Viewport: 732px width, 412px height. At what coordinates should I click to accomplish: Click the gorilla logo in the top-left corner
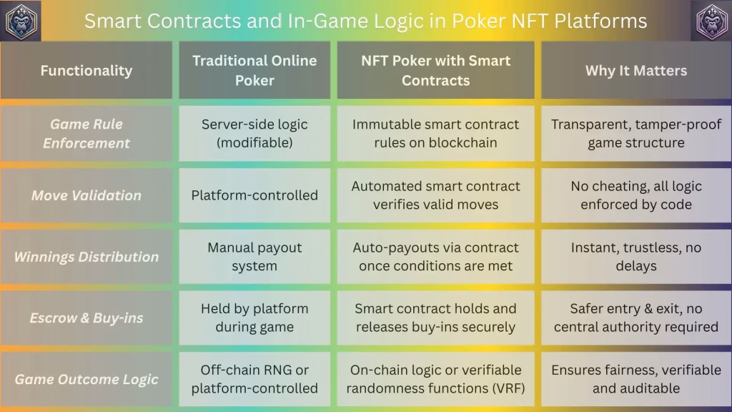pos(21,21)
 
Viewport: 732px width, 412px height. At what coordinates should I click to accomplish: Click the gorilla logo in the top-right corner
pos(711,21)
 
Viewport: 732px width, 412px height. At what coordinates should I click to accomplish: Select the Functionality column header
pos(86,71)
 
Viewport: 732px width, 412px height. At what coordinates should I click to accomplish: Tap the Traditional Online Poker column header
pos(254,71)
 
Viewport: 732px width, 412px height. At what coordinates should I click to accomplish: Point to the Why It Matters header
pos(636,71)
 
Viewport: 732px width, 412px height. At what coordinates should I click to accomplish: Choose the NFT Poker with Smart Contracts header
pos(435,71)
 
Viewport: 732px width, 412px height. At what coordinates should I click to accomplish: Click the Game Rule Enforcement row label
pos(86,134)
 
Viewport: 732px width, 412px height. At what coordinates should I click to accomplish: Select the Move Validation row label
pos(86,195)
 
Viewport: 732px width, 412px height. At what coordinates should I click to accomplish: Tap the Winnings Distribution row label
pos(86,257)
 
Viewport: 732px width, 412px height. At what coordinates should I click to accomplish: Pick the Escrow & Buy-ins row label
pos(86,318)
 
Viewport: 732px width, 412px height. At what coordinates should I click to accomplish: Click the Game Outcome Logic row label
pos(86,379)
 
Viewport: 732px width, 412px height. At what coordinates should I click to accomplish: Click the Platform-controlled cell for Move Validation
pos(254,195)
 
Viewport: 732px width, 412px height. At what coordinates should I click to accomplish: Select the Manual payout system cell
pos(254,257)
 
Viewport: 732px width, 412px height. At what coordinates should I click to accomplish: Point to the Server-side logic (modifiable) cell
pos(254,134)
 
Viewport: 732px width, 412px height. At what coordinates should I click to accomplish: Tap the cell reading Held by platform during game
pos(254,318)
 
